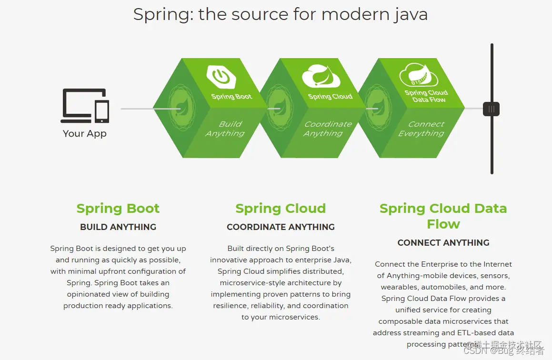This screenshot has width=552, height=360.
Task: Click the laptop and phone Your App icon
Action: pyautogui.click(x=85, y=105)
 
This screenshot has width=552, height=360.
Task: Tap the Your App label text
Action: pyautogui.click(x=85, y=134)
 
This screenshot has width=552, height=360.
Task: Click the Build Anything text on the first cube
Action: pyautogui.click(x=225, y=129)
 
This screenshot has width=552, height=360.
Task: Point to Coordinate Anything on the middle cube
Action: pyautogui.click(x=327, y=129)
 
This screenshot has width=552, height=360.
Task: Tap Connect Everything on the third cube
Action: pyautogui.click(x=422, y=129)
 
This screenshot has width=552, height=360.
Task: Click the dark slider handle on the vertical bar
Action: pyautogui.click(x=491, y=109)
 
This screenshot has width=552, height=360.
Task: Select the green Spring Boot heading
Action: pyautogui.click(x=118, y=209)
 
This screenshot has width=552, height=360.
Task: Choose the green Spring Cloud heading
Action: pyautogui.click(x=281, y=209)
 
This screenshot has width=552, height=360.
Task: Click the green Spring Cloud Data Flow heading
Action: pyautogui.click(x=443, y=216)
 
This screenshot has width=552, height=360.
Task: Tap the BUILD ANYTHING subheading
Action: pyautogui.click(x=118, y=227)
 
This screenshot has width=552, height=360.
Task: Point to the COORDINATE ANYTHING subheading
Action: pyautogui.click(x=281, y=227)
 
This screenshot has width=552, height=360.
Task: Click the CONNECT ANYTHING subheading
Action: pyautogui.click(x=443, y=243)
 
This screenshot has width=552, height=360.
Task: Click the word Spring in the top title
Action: pyautogui.click(x=162, y=14)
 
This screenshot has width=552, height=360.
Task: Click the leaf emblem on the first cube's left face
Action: pyautogui.click(x=180, y=109)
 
